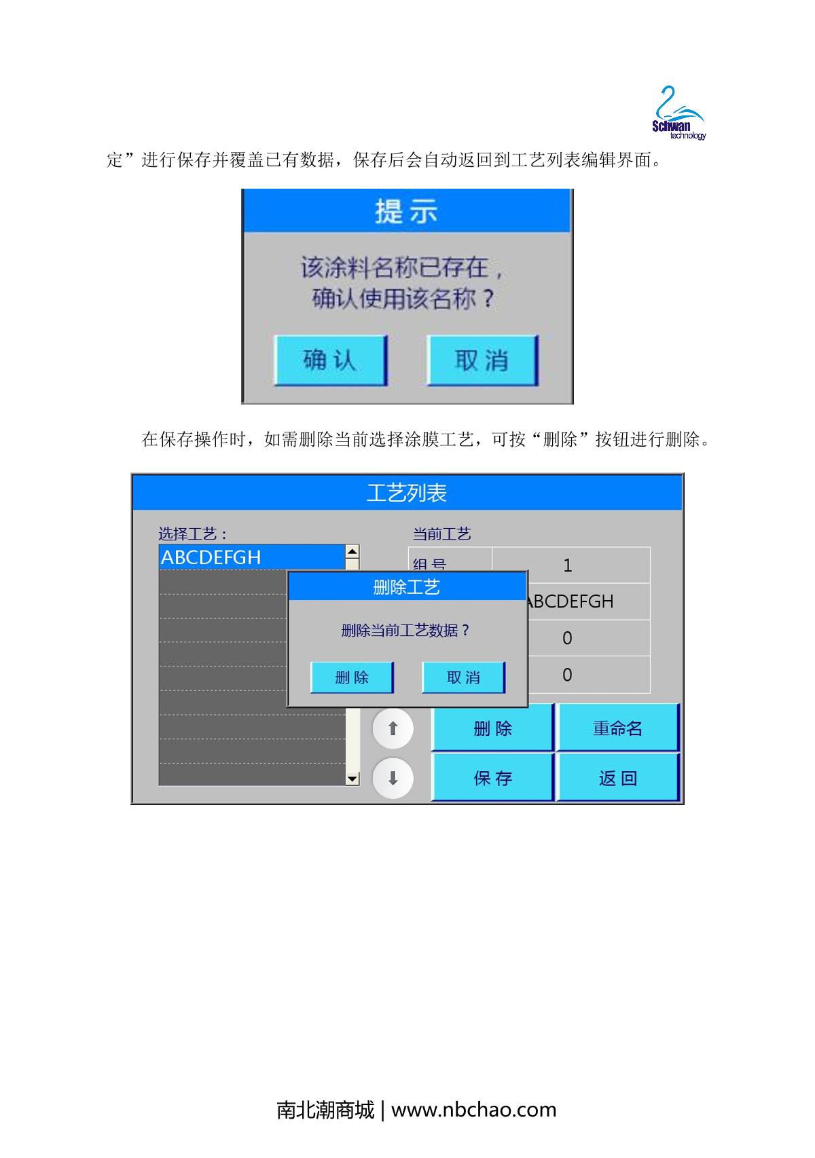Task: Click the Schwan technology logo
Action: coord(678,113)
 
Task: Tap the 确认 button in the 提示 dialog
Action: coord(331,360)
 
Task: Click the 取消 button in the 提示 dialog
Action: coord(482,360)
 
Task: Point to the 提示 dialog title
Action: coord(406,211)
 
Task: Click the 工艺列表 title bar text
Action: coord(406,493)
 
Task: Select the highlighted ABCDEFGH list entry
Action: coord(253,557)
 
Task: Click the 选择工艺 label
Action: coord(192,534)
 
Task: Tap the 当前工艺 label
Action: coord(441,534)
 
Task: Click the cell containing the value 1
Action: coord(570,565)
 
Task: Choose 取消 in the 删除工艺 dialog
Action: coord(463,677)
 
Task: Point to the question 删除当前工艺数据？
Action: coord(405,630)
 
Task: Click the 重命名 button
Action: coord(617,728)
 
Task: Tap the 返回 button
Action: coord(617,777)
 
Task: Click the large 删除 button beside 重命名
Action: coord(492,728)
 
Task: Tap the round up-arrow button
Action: coord(393,728)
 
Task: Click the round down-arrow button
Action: coord(393,778)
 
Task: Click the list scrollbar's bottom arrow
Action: coord(352,779)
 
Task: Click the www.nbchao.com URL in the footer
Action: coord(473,1110)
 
